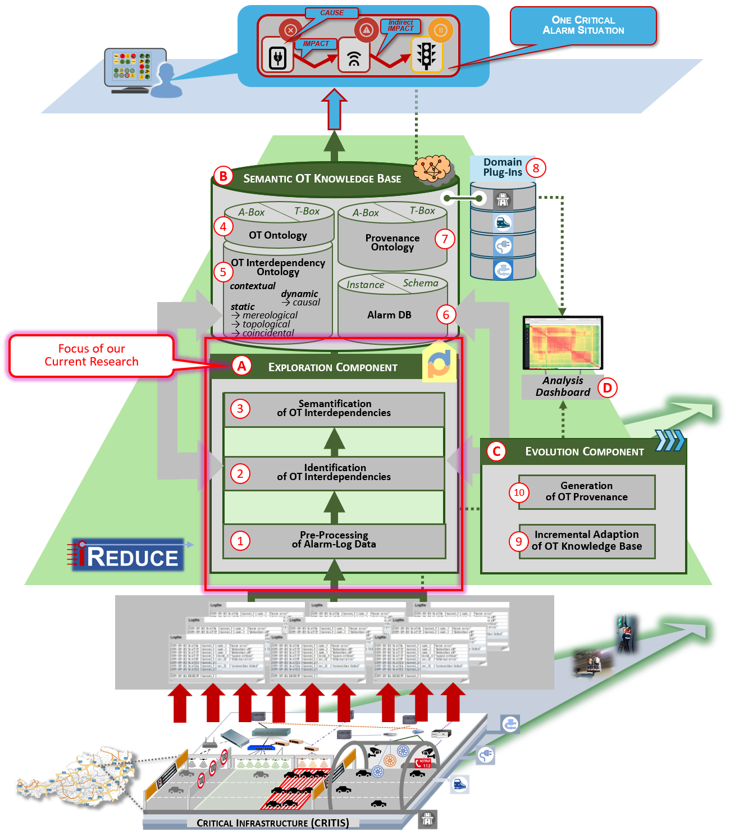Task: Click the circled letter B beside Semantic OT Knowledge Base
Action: pyautogui.click(x=223, y=176)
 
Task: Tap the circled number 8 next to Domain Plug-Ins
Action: pyautogui.click(x=536, y=167)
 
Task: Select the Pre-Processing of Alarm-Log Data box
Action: pyautogui.click(x=334, y=540)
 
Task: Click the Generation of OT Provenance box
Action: pyautogui.click(x=586, y=492)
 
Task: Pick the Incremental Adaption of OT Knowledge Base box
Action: pyautogui.click(x=586, y=541)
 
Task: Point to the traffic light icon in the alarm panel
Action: pyautogui.click(x=426, y=55)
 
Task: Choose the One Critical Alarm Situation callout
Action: pyautogui.click(x=583, y=25)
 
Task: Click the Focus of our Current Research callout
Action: pyautogui.click(x=92, y=355)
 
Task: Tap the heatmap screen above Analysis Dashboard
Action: pyautogui.click(x=563, y=343)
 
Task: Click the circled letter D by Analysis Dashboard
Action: pyautogui.click(x=607, y=387)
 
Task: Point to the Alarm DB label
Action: pyautogui.click(x=389, y=315)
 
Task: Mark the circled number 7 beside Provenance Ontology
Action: pyautogui.click(x=445, y=239)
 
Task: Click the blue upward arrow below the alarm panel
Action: pyautogui.click(x=334, y=109)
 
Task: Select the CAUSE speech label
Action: pyautogui.click(x=331, y=13)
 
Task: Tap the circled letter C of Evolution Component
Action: pyautogui.click(x=496, y=451)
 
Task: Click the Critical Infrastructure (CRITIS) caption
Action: pyautogui.click(x=273, y=823)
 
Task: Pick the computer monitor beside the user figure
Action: pyautogui.click(x=135, y=67)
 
